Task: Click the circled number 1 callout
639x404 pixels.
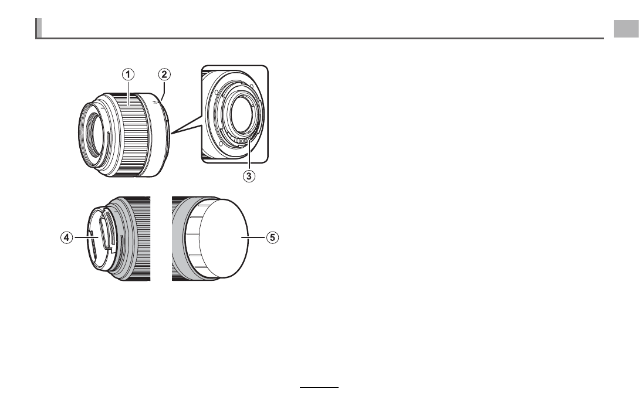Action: (x=129, y=74)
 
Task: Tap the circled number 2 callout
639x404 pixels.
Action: (x=164, y=74)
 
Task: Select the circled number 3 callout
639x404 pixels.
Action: (x=249, y=176)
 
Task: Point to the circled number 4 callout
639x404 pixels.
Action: (x=67, y=237)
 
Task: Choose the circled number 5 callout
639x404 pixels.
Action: (x=273, y=237)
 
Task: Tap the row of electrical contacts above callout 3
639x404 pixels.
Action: (x=243, y=141)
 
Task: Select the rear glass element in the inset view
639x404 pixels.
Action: (x=244, y=114)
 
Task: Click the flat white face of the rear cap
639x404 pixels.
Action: (x=224, y=238)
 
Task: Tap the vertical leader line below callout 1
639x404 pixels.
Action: (x=129, y=93)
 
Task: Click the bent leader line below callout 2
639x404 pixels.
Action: (x=164, y=90)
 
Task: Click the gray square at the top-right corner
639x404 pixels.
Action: (x=626, y=29)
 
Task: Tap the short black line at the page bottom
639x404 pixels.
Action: (x=319, y=388)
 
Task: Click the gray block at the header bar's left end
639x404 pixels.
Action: (x=38, y=28)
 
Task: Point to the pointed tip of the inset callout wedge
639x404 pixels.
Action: (x=171, y=133)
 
